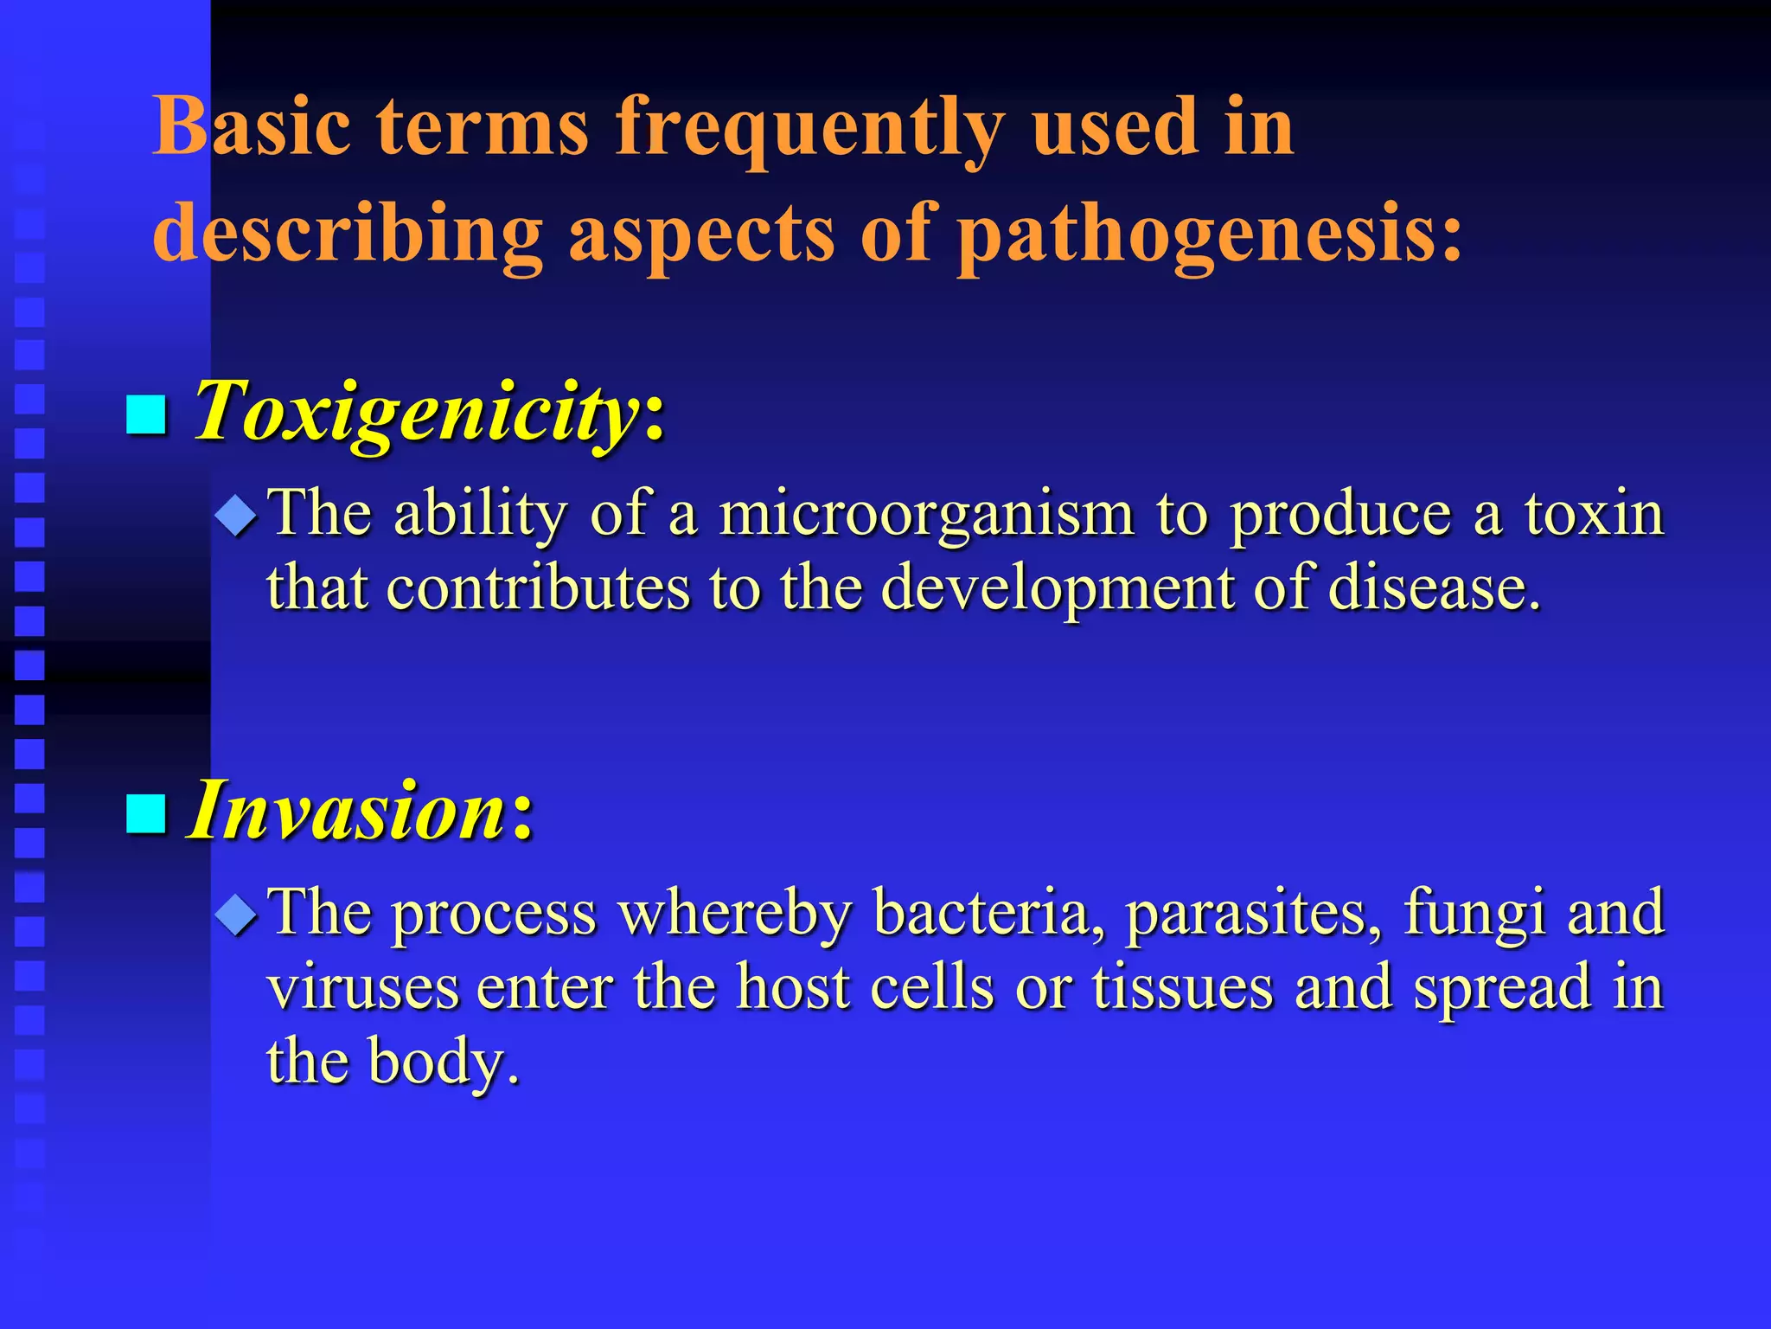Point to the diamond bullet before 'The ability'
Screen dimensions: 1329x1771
[x=236, y=517]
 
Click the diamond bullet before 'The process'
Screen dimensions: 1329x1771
[x=236, y=916]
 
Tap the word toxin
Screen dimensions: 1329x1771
[x=1594, y=514]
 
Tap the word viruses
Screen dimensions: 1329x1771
[x=362, y=988]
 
